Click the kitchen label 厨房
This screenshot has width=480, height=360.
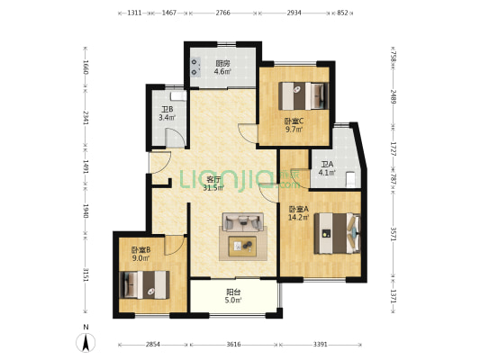tap(222, 64)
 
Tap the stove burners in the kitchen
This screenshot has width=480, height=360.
tap(195, 67)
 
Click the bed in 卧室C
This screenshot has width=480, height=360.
tap(303, 95)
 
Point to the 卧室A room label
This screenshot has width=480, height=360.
tap(299, 209)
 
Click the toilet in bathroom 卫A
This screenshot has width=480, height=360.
tap(350, 179)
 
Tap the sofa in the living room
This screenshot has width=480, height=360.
tap(243, 221)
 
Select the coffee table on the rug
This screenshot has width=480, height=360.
tap(242, 247)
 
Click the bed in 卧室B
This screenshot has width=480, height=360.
tap(144, 284)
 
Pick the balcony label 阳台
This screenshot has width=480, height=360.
tap(233, 292)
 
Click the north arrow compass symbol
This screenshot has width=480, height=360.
tap(86, 343)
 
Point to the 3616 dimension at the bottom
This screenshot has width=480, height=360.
tap(233, 345)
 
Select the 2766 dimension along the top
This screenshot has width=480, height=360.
tap(222, 13)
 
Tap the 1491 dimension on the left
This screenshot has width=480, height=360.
tap(86, 167)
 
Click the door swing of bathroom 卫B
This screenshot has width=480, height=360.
tap(176, 138)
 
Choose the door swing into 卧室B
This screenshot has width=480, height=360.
tap(175, 245)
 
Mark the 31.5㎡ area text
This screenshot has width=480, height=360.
tap(213, 187)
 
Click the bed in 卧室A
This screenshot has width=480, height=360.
tap(337, 233)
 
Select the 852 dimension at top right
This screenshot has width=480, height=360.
tap(342, 13)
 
